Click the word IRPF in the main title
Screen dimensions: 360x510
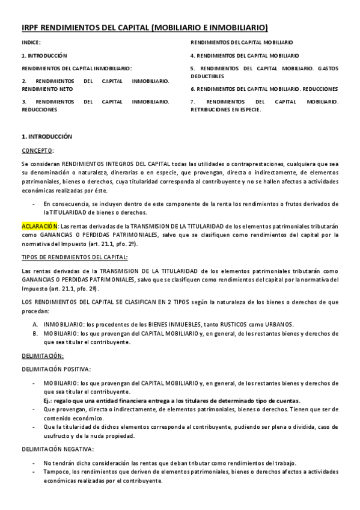tap(31, 28)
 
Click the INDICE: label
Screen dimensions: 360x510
tap(31, 43)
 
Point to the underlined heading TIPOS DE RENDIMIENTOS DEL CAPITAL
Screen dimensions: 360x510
tap(75, 257)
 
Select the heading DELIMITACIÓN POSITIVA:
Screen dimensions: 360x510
tap(56, 368)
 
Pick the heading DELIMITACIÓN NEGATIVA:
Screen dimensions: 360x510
tap(58, 449)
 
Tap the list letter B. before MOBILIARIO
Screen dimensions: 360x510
tap(35, 333)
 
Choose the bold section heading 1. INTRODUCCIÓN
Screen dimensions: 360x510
tap(47, 137)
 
